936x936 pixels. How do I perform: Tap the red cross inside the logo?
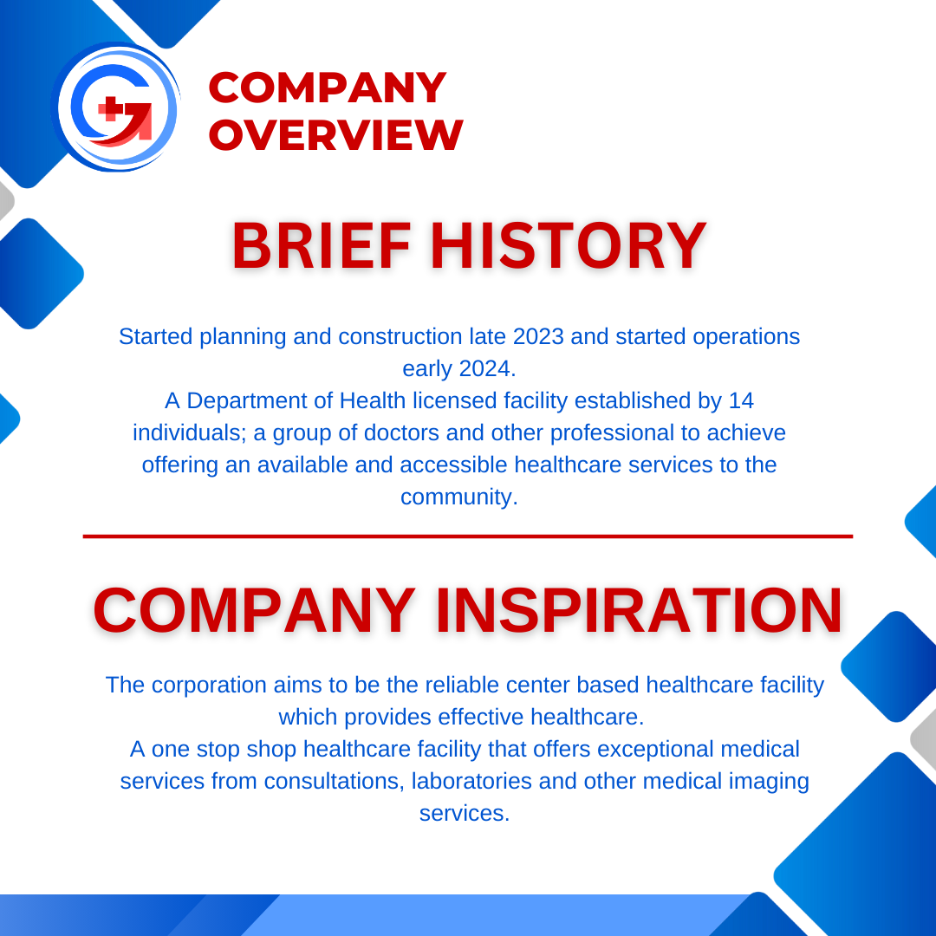pos(111,109)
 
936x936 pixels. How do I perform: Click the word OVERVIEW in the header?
pos(336,135)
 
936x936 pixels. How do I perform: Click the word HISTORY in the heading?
pos(568,246)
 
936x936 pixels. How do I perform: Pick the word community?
pos(458,497)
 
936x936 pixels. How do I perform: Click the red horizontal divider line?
pos(468,536)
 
